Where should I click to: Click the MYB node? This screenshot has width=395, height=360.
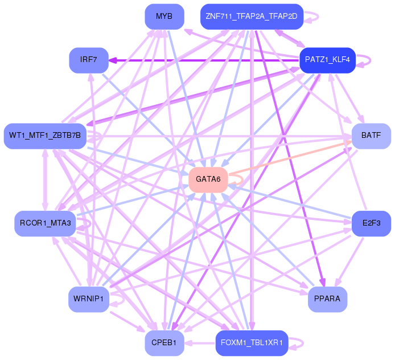point(164,17)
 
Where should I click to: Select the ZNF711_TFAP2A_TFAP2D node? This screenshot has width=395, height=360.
point(252,17)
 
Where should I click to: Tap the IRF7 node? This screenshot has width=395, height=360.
point(89,60)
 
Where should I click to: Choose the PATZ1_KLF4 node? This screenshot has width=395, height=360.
point(327,60)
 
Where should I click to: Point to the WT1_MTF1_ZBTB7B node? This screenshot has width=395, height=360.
point(45,136)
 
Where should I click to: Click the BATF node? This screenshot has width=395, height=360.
point(371,136)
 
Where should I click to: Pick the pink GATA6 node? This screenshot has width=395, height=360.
point(208,180)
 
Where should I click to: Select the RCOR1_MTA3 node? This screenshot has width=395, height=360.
point(45,223)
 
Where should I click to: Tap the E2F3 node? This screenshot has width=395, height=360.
point(371,223)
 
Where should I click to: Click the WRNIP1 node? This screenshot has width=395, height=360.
point(89,299)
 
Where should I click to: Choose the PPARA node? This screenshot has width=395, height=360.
point(327,299)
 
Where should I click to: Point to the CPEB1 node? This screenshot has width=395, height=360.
point(164,343)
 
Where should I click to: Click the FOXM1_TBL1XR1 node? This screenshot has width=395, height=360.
point(252,343)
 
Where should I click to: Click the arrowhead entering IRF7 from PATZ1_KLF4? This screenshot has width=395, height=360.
point(113,60)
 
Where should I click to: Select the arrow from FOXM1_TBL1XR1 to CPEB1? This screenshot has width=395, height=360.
point(200,343)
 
